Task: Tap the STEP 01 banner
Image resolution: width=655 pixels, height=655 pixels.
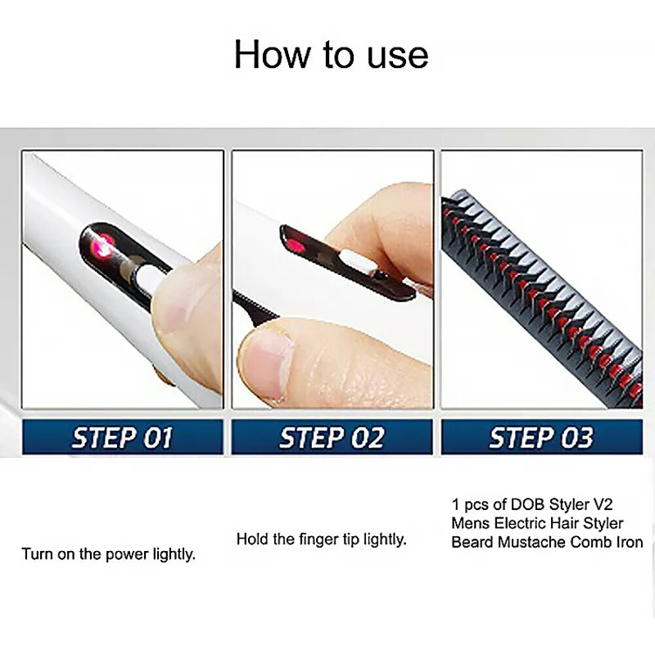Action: click(123, 437)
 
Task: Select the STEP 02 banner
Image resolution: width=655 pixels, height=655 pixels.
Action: click(332, 437)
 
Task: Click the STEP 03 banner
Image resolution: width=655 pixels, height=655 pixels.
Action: click(541, 437)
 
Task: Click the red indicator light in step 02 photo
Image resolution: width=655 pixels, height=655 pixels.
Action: click(297, 246)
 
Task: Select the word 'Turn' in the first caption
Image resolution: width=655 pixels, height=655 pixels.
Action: click(36, 554)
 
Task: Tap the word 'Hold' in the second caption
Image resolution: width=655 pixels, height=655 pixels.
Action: click(251, 539)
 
